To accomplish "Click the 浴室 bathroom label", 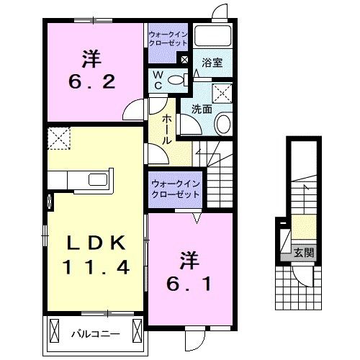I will point(211,63).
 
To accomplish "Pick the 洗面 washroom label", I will point(201,109).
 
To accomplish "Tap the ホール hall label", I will point(167,129).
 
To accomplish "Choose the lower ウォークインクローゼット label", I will point(175,189).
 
